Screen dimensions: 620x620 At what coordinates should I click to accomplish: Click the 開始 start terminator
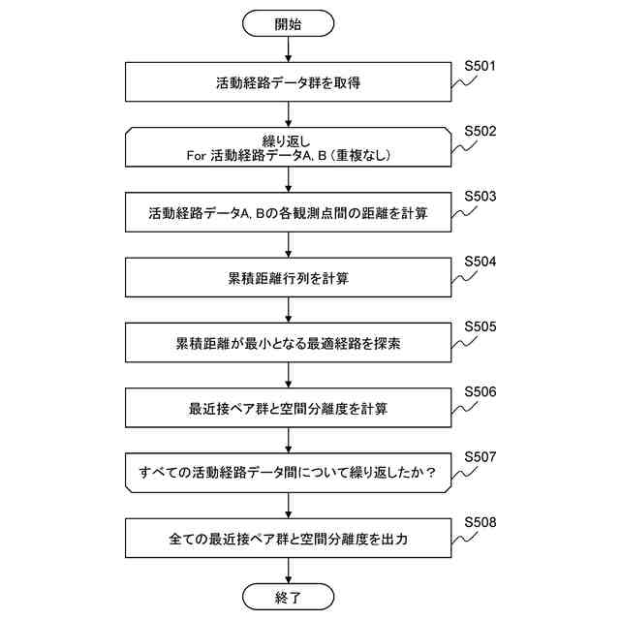289,24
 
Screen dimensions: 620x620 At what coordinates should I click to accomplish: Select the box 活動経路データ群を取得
289,83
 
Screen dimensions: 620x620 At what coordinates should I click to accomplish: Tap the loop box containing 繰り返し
289,148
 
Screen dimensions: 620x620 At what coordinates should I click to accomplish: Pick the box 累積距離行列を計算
289,278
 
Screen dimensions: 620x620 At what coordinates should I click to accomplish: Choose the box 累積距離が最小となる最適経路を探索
289,343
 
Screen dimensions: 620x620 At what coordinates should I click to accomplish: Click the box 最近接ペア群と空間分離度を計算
289,408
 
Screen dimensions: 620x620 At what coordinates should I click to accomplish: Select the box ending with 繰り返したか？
289,473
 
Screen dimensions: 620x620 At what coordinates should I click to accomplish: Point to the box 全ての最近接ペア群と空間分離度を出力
289,538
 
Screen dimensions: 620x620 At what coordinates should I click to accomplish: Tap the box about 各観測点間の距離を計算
289,213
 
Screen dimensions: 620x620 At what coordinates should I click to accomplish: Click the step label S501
480,67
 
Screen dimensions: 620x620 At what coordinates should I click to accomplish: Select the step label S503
480,197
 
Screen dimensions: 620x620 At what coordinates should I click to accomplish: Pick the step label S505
480,326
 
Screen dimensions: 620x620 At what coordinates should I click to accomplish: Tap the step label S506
480,391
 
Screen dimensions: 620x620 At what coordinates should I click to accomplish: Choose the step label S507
480,456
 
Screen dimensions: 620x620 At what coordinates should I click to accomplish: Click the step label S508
480,521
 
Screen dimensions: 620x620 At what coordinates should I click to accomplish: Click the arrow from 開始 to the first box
289,50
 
